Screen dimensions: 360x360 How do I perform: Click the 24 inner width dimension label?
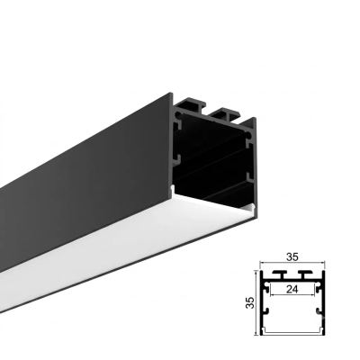click(x=292, y=290)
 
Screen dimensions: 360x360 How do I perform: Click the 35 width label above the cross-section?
click(x=292, y=257)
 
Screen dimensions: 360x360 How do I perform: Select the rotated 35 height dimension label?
click(x=250, y=302)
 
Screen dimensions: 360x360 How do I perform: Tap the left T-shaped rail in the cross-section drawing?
click(x=280, y=275)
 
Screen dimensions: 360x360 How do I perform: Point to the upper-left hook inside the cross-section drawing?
click(x=265, y=288)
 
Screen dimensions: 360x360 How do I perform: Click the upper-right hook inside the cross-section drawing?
click(x=319, y=288)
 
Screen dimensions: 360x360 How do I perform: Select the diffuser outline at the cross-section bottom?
click(x=292, y=332)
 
